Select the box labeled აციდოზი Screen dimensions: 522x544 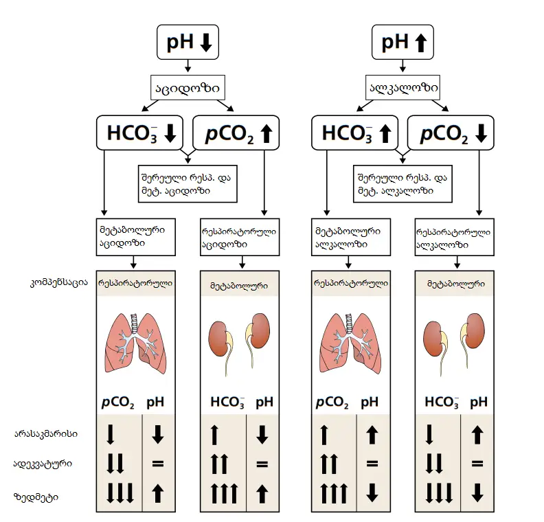(188, 88)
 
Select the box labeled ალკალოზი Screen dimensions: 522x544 (403, 88)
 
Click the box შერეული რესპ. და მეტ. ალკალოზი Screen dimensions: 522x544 (402, 183)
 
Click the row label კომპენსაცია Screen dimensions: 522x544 (59, 283)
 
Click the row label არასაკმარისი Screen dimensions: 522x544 (46, 434)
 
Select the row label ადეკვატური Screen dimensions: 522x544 (43, 464)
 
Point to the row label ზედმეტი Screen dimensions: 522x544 (36, 496)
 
